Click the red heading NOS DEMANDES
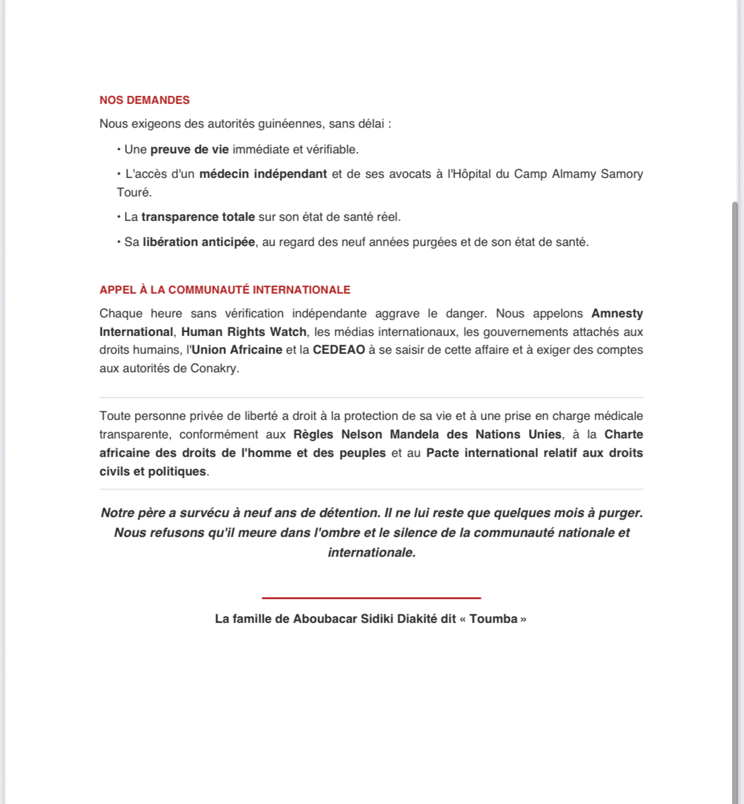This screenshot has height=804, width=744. (144, 100)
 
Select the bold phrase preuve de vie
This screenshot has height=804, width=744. (189, 149)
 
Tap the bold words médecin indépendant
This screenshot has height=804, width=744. (263, 174)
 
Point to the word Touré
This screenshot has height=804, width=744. (134, 192)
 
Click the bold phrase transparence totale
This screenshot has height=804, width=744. (198, 217)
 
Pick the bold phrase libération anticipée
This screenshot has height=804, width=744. (198, 242)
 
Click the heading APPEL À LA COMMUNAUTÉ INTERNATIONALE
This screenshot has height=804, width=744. (225, 290)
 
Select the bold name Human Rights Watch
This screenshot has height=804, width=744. (243, 332)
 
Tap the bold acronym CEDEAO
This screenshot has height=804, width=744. (339, 350)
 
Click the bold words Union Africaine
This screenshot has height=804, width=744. (237, 350)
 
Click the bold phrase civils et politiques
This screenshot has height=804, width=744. (153, 471)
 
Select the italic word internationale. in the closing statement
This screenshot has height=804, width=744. (372, 553)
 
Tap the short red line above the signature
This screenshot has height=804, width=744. (371, 598)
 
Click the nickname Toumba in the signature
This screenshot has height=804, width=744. (493, 619)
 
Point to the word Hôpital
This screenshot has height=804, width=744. (472, 174)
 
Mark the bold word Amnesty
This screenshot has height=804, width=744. (616, 313)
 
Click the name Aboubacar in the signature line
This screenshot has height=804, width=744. (325, 619)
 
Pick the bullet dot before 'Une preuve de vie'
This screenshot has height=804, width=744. (119, 149)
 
